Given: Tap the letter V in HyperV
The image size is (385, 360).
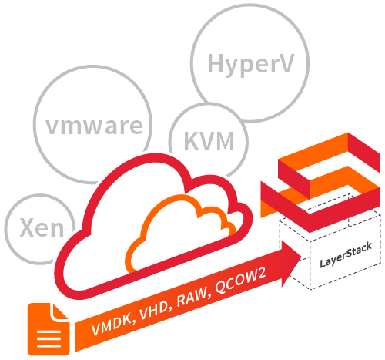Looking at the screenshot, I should (x=285, y=62).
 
